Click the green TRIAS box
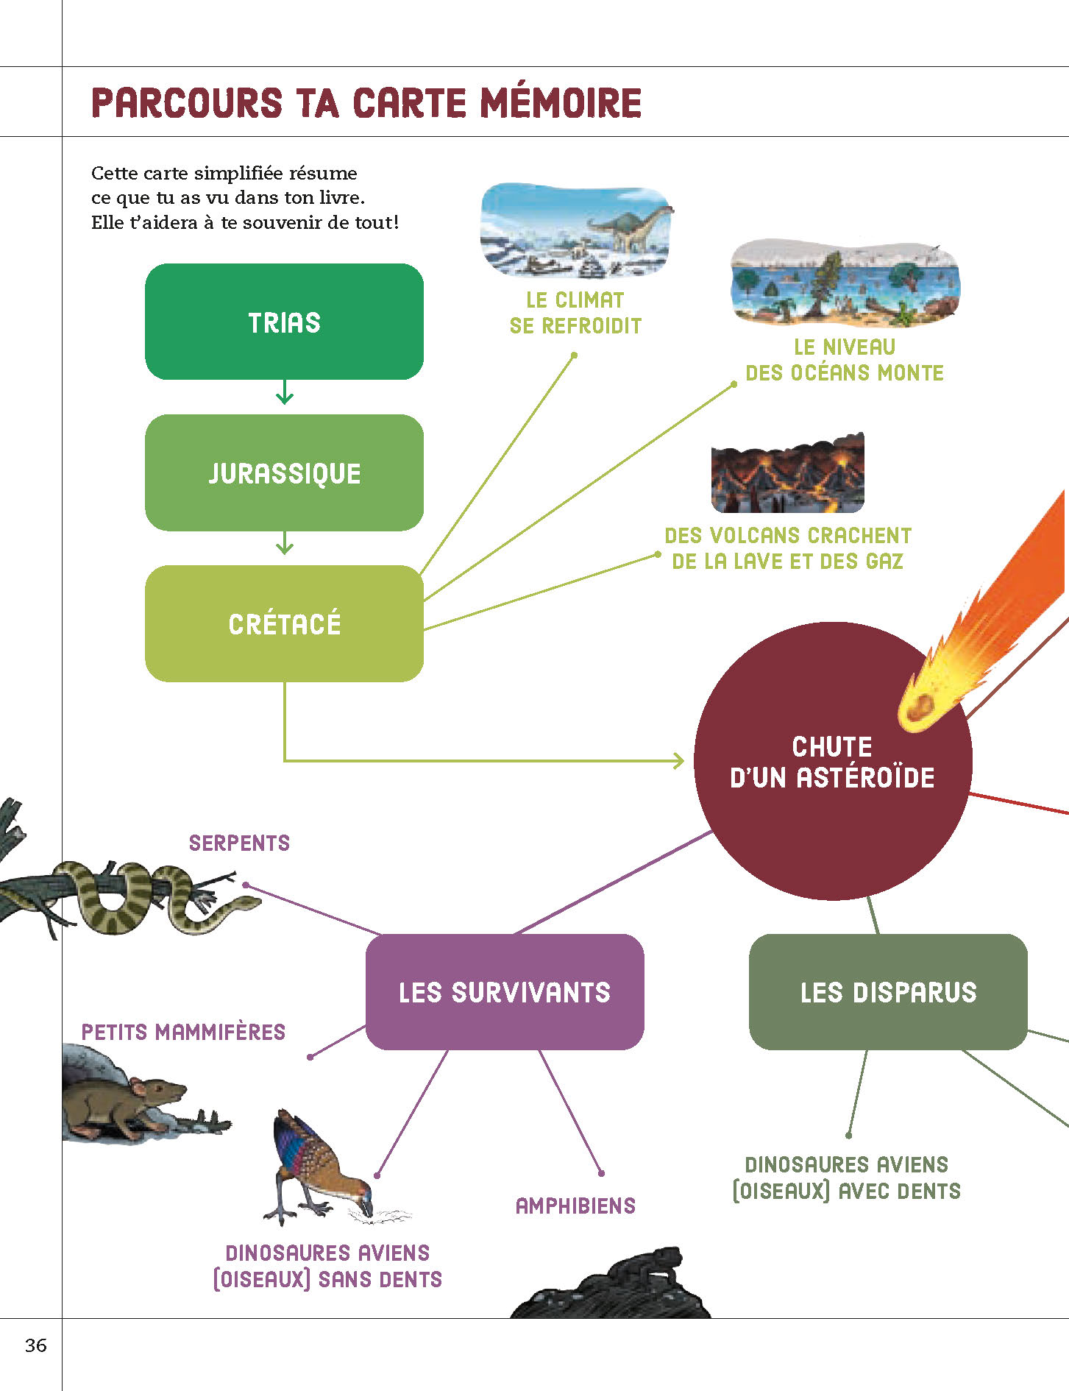click(x=284, y=322)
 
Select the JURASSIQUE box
click(x=284, y=472)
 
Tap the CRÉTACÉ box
click(x=284, y=623)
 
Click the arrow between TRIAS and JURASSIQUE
click(x=285, y=394)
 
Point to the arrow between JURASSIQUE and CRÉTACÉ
click(x=285, y=545)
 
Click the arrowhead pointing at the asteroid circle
click(x=678, y=760)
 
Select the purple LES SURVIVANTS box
click(x=505, y=991)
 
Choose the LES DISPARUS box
click(x=888, y=991)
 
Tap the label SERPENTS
click(x=239, y=843)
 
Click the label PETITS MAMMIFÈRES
click(x=183, y=1032)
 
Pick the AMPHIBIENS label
click(x=575, y=1206)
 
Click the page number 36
click(x=35, y=1345)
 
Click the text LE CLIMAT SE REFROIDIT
click(x=575, y=313)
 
